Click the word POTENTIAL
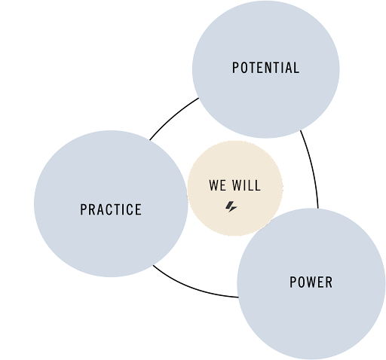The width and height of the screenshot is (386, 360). click(x=266, y=68)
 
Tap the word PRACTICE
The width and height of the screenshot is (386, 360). click(x=111, y=209)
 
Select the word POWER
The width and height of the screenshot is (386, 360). click(x=311, y=282)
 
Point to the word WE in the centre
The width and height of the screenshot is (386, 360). click(x=217, y=185)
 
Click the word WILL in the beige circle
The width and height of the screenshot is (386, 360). click(x=247, y=185)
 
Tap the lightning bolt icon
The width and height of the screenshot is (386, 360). click(x=231, y=207)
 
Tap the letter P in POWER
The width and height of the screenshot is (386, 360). click(x=293, y=282)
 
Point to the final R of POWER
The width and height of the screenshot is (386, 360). click(x=329, y=282)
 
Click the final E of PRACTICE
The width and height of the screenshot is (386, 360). click(x=139, y=209)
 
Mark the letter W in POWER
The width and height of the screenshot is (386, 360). click(x=311, y=282)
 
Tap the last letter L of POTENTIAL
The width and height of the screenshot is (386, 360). click(x=297, y=68)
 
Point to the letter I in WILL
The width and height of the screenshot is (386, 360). click(x=244, y=185)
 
